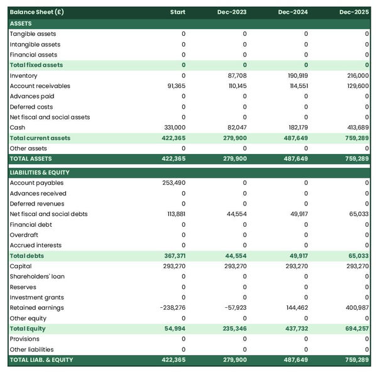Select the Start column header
coord(177,12)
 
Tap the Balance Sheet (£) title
coord(36,12)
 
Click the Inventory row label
coord(23,75)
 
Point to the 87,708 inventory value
coord(235,75)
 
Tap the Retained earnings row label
coord(36,308)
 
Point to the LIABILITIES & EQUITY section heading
coord(40,172)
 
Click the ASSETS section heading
coord(21,23)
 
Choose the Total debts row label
coord(27,256)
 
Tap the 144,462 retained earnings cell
coord(295,308)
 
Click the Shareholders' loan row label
coord(37,276)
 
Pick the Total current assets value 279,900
coord(234,138)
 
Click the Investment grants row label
coord(36,297)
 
